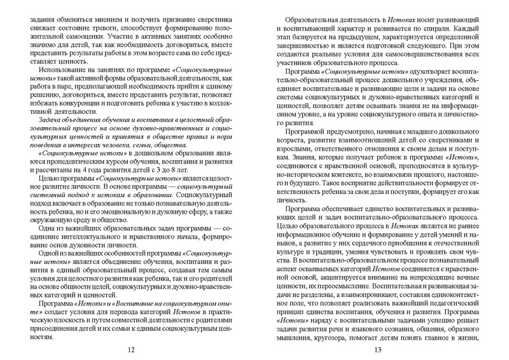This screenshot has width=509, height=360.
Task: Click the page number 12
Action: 131,349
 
